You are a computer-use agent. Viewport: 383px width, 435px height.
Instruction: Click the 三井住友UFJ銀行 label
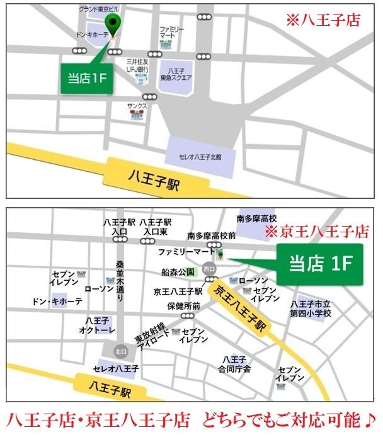tap(137, 65)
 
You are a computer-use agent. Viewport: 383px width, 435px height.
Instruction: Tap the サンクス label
tap(136, 105)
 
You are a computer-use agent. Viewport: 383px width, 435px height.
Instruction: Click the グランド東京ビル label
tap(103, 9)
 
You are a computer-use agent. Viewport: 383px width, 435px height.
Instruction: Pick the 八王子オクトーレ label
tap(96, 325)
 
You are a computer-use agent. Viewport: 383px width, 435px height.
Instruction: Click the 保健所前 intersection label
tap(184, 306)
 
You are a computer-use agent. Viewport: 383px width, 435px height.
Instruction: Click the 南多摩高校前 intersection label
tap(212, 236)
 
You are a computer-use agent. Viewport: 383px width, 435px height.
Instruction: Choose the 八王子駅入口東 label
tap(156, 227)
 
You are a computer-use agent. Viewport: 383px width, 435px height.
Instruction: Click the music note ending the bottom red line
tap(369, 418)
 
